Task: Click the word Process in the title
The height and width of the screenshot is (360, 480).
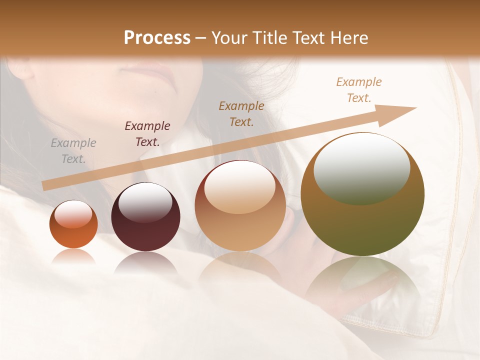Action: [157, 38]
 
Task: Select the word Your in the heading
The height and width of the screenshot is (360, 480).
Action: [229, 38]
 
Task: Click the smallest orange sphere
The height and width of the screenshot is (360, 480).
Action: [73, 224]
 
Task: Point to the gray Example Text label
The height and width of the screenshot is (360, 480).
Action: [73, 151]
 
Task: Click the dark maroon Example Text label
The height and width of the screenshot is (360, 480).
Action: [147, 134]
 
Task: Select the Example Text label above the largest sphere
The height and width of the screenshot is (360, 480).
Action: [359, 90]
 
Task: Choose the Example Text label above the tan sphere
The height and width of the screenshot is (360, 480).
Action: [241, 113]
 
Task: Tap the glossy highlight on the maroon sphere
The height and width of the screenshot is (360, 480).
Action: [145, 203]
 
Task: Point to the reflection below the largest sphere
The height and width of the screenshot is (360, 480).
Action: [362, 280]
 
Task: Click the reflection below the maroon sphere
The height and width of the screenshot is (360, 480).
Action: [145, 262]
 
